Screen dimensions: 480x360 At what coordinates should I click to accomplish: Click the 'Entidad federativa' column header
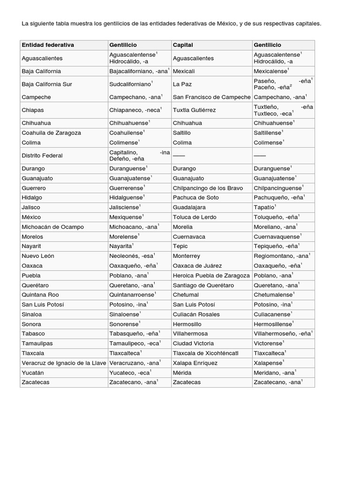48,45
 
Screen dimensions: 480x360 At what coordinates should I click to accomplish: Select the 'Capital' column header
183,45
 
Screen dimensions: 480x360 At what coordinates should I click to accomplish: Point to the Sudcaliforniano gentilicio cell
130,84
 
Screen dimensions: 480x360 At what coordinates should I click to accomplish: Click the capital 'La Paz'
180,84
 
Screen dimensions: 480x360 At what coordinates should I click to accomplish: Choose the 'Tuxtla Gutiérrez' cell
195,110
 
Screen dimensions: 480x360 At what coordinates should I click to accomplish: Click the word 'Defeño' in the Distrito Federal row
120,159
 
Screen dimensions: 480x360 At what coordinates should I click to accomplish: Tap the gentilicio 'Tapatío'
264,207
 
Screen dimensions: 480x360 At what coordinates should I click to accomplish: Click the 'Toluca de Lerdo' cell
194,217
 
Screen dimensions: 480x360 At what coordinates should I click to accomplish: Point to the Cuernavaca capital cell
189,237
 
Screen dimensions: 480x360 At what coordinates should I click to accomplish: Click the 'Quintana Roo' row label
40,295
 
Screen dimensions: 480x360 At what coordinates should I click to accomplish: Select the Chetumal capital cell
186,295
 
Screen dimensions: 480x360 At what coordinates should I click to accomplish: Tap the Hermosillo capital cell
187,324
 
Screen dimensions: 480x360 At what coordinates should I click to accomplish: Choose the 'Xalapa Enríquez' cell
195,363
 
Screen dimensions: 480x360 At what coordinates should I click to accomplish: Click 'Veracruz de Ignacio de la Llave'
63,363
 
